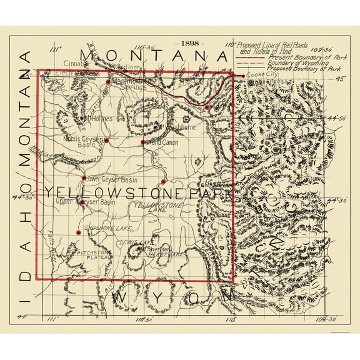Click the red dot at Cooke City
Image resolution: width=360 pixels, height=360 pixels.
coord(243,76)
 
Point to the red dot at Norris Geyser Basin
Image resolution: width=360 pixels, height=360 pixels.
coord(107,141)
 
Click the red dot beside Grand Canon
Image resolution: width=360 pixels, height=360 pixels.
coord(143,142)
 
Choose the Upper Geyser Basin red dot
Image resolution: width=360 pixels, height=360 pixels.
coord(82,202)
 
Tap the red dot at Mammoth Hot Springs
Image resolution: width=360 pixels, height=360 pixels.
coord(109,81)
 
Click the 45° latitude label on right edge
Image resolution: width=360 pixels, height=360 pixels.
coord(340,79)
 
